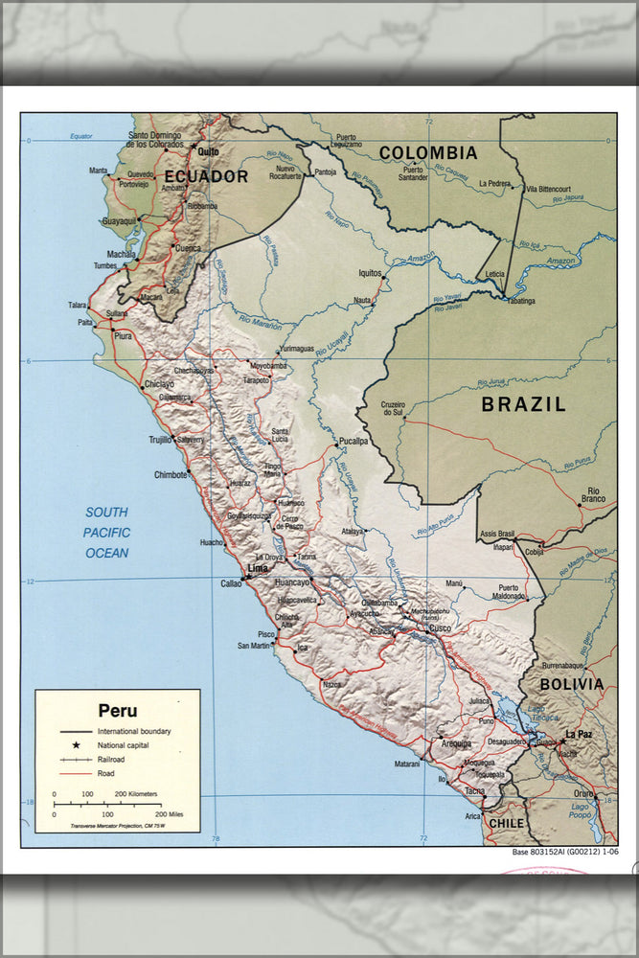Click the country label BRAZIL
523,404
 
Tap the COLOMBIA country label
427,153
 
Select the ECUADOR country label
206,176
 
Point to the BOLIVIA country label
571,684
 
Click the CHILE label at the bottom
508,823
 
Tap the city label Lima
258,568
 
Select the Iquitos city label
370,273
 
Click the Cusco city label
440,628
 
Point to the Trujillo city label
159,440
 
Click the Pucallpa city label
353,442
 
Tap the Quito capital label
208,151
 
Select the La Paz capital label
579,735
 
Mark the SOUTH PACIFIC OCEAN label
106,533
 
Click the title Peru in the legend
117,711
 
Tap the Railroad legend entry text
111,759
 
